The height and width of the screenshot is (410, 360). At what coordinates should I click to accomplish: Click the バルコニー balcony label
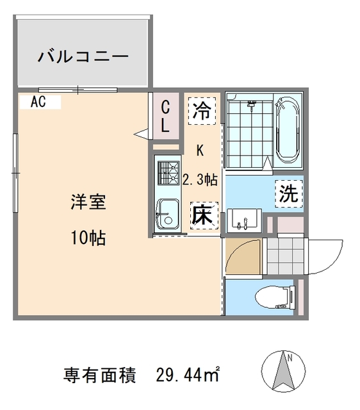[x=83, y=56]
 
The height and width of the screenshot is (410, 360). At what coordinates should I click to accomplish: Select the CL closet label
[x=165, y=116]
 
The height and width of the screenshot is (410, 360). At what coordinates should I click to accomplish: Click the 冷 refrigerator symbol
[x=202, y=111]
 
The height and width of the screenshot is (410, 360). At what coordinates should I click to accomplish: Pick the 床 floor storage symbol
[x=203, y=216]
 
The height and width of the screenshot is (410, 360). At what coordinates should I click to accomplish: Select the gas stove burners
[x=168, y=172]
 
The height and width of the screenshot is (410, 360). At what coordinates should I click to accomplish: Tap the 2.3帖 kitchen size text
[x=200, y=180]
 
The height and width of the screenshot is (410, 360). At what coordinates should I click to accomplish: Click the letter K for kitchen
[x=200, y=151]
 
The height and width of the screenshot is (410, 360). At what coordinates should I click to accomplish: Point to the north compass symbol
[x=282, y=372]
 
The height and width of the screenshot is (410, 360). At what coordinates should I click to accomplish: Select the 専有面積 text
[x=101, y=373]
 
